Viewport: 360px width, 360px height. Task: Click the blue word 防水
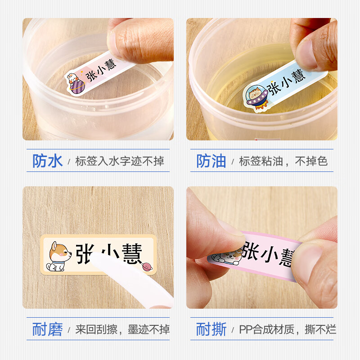tap(47, 161)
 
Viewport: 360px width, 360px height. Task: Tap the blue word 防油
tap(211, 161)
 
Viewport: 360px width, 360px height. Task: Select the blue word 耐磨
tap(47, 329)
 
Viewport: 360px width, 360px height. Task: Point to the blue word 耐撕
tap(211, 329)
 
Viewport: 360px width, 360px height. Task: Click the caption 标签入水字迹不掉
tap(120, 161)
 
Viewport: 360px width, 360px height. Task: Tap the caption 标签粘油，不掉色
tap(283, 161)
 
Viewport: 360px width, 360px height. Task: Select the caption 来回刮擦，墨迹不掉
tap(122, 330)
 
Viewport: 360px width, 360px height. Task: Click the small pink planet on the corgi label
tap(147, 267)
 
